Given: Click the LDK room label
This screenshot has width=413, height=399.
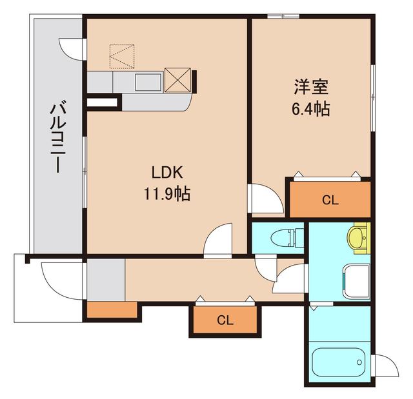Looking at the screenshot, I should coord(168,172).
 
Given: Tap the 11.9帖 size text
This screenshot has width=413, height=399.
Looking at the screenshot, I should coord(166,193).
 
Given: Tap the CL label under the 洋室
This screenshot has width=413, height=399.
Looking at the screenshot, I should coord(330,200).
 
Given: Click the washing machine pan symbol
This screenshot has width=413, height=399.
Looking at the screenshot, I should coord(356,282).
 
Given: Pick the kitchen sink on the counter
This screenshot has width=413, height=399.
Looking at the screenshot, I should coord(148,82).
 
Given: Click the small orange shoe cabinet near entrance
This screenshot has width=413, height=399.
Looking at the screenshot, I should coord(112,310).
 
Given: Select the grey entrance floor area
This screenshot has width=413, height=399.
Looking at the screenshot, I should coord(105,279).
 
